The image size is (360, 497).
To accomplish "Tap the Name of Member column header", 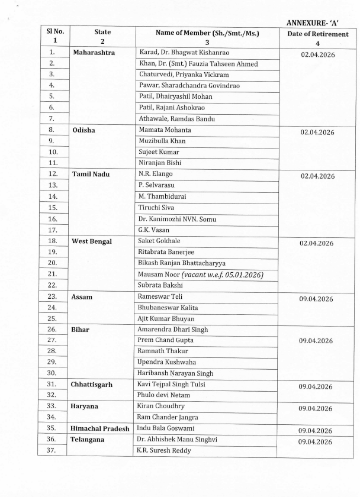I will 207,34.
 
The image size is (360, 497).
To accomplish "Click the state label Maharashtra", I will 94,53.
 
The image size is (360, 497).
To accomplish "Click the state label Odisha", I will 84,130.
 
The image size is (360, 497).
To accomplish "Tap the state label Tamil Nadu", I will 91,175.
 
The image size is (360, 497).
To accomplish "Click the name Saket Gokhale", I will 159,241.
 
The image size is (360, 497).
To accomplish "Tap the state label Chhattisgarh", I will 94,384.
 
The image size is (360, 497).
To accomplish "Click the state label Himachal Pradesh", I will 99,428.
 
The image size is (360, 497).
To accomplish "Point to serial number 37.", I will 52,451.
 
